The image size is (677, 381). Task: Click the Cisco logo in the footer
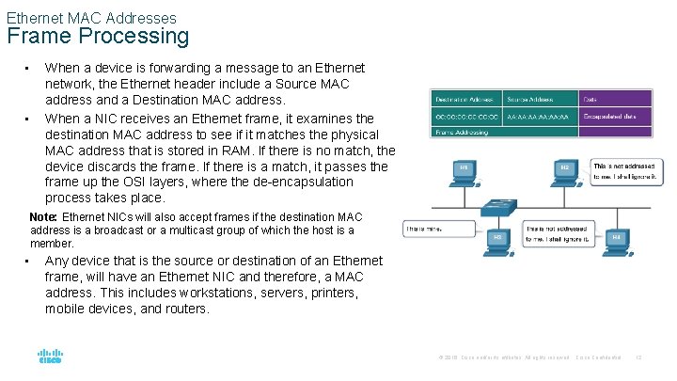50,357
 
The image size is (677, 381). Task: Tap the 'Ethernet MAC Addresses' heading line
91,17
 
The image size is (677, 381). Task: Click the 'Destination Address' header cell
464,98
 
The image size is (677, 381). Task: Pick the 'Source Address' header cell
541,98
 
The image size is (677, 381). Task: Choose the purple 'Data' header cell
615,98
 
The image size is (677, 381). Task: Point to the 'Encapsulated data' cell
615,116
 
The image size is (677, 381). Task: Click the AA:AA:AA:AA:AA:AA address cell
541,116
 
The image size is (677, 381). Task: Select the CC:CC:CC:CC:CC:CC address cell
464,116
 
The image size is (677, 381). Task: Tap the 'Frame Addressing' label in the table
461,133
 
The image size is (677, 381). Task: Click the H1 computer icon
464,170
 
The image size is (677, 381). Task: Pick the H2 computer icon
565,170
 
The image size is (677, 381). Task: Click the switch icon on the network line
497,206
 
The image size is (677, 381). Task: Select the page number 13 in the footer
638,357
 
